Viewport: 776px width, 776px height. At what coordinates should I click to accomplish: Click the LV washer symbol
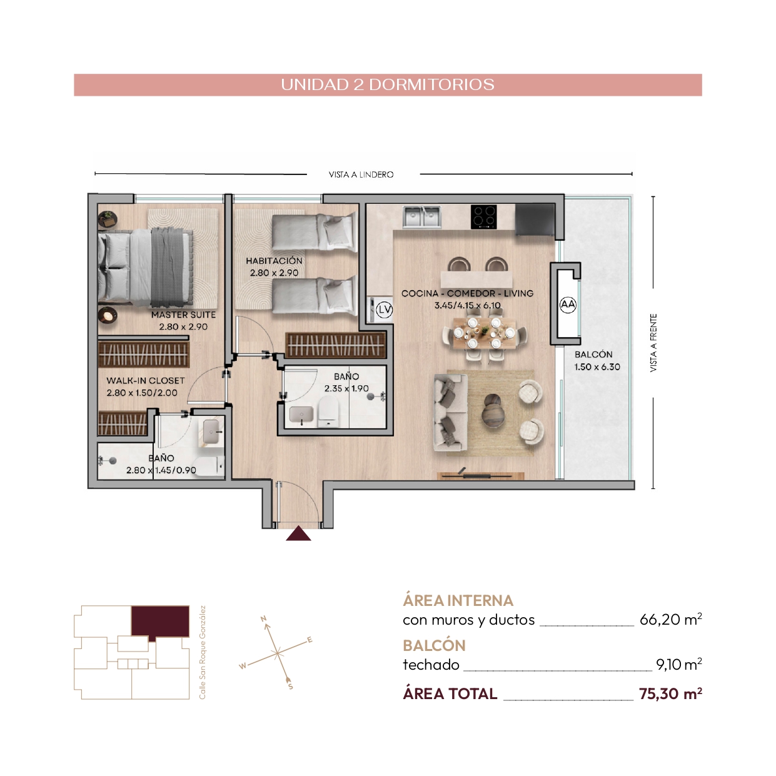tap(384, 310)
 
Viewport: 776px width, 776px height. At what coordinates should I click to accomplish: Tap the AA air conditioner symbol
tap(568, 305)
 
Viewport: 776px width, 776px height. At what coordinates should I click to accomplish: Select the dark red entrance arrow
tap(298, 533)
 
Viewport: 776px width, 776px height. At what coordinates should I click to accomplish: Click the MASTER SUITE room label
tap(184, 315)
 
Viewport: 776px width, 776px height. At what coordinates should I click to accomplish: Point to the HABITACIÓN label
tap(275, 261)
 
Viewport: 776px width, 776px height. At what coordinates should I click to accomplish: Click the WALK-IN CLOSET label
tap(146, 381)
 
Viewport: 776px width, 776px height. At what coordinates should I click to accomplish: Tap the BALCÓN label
tap(593, 355)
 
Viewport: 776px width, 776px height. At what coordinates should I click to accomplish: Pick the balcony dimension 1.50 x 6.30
tap(597, 367)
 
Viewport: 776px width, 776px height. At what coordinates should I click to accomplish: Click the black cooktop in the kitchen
tap(483, 216)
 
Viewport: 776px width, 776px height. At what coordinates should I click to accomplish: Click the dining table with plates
tap(484, 333)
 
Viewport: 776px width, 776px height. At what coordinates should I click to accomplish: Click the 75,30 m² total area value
tap(670, 693)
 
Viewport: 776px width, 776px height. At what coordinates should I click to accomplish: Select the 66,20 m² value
tap(671, 619)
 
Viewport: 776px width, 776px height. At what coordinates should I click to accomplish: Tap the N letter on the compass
tap(264, 618)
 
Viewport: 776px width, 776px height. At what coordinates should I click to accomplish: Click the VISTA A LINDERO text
tap(361, 174)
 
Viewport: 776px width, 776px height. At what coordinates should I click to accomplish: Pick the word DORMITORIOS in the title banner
tap(431, 84)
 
